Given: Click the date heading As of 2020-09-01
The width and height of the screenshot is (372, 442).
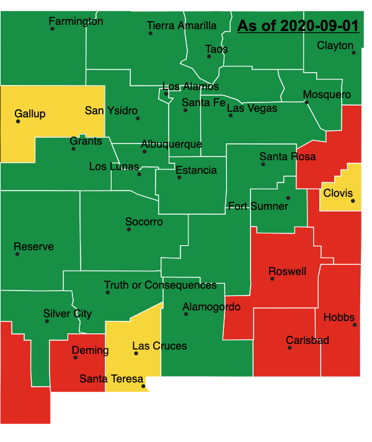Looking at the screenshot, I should pyautogui.click(x=298, y=26).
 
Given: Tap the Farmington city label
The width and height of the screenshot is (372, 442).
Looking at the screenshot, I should pyautogui.click(x=76, y=22).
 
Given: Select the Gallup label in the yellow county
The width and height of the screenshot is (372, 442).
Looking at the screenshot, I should pyautogui.click(x=30, y=114).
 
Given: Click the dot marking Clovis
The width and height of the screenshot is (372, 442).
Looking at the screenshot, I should pyautogui.click(x=353, y=201).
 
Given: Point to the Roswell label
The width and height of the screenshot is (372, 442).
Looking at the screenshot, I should pyautogui.click(x=287, y=271).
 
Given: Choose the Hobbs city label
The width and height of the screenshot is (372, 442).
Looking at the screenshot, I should pyautogui.click(x=339, y=317).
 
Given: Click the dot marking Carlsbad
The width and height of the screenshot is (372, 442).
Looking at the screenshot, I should pyautogui.click(x=290, y=348).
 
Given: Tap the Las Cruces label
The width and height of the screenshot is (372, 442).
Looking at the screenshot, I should pyautogui.click(x=159, y=346).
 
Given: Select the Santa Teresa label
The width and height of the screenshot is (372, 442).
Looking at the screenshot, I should pyautogui.click(x=112, y=379).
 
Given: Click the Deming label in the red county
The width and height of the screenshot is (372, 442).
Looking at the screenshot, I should pyautogui.click(x=90, y=351).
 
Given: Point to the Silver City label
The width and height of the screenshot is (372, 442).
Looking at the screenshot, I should pyautogui.click(x=68, y=313).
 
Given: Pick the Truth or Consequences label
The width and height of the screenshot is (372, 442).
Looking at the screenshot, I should pyautogui.click(x=160, y=286).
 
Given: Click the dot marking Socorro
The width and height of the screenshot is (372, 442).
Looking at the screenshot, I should pyautogui.click(x=129, y=230).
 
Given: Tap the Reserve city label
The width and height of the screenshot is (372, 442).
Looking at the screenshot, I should pyautogui.click(x=33, y=246).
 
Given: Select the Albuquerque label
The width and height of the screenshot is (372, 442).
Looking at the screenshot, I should pyautogui.click(x=171, y=144).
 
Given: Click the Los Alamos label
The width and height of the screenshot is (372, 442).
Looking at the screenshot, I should pyautogui.click(x=190, y=86).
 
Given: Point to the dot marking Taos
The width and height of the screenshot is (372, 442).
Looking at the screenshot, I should pyautogui.click(x=209, y=56).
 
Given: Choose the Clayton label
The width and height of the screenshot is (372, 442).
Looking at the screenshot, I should pyautogui.click(x=335, y=45).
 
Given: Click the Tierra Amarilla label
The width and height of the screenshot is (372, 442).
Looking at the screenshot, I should pyautogui.click(x=182, y=25).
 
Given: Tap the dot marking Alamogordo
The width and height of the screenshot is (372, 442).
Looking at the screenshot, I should pyautogui.click(x=186, y=314).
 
